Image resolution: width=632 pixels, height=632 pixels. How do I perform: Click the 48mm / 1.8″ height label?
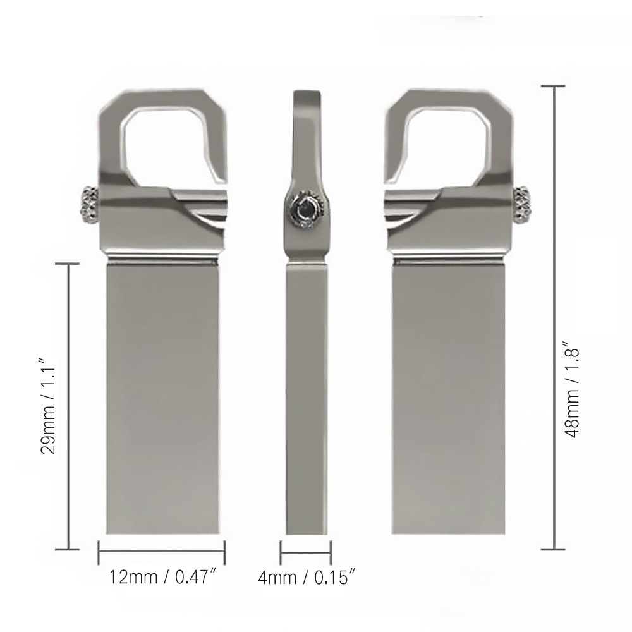click(x=573, y=392)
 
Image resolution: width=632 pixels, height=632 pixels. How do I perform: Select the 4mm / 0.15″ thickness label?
click(x=306, y=577)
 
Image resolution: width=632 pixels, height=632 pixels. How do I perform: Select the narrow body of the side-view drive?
click(x=307, y=398)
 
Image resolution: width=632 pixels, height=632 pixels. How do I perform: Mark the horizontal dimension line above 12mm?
click(x=162, y=552)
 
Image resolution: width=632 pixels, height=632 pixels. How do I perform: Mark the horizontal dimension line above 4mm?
click(x=306, y=552)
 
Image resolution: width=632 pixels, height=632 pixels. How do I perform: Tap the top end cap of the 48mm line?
click(x=555, y=86)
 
